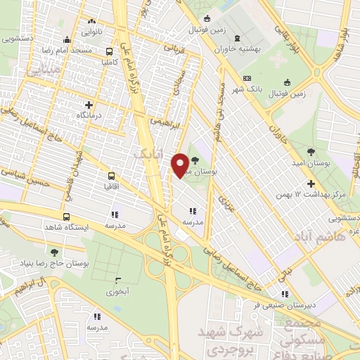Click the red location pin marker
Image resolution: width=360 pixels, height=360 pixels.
(x=181, y=165)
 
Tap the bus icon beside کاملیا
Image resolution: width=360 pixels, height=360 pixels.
(x=109, y=51)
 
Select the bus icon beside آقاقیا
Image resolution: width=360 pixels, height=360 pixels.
(x=112, y=176)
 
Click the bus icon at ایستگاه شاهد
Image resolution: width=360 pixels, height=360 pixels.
(x=66, y=217)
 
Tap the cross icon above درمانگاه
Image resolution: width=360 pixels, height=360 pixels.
(x=89, y=104)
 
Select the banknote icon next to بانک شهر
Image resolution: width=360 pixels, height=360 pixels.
(x=247, y=78)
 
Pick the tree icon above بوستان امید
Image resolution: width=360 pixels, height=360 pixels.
(x=311, y=151)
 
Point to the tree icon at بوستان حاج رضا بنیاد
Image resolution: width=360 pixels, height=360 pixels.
(x=54, y=252)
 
